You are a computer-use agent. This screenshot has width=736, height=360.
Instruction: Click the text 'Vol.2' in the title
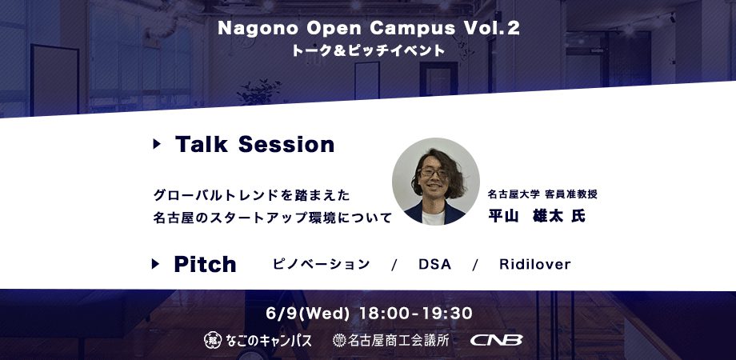click(x=491, y=29)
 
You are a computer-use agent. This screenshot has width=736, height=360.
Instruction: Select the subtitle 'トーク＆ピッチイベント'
click(x=368, y=50)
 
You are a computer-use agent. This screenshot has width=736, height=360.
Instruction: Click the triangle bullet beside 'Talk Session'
click(x=157, y=144)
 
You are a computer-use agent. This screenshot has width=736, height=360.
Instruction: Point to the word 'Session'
click(x=286, y=144)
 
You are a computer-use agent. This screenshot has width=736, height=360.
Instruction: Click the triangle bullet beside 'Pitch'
click(x=155, y=264)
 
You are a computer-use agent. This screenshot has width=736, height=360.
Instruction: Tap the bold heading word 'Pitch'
click(x=205, y=264)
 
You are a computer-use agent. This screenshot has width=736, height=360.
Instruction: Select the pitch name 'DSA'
click(x=434, y=264)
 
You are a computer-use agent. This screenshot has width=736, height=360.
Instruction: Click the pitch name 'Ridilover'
click(x=535, y=264)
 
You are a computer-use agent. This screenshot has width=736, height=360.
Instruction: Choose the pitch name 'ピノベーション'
click(x=321, y=264)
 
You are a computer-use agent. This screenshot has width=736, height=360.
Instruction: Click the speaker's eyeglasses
click(x=433, y=173)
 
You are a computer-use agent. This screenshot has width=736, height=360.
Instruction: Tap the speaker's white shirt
click(x=434, y=218)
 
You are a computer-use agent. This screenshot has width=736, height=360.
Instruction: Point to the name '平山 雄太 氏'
click(x=537, y=216)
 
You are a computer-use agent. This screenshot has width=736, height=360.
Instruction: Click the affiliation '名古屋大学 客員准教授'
click(x=542, y=194)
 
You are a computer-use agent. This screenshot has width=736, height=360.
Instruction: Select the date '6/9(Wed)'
click(x=307, y=314)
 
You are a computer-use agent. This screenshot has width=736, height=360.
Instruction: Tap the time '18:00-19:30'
click(x=415, y=314)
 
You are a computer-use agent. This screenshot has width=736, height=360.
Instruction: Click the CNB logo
click(x=497, y=340)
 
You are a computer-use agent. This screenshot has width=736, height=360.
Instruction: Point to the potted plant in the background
click(x=259, y=91)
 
